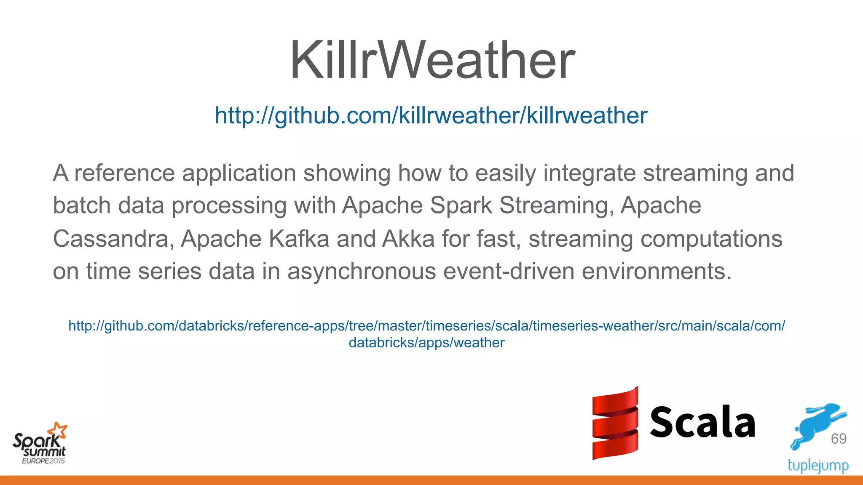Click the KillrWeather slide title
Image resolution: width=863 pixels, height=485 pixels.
[x=432, y=60]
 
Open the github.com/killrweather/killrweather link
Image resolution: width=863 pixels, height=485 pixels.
[x=431, y=115]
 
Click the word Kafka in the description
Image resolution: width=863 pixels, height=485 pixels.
[x=299, y=239]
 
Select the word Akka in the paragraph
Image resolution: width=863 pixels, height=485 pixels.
[x=408, y=239]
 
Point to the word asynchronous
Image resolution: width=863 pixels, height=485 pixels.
[x=362, y=271]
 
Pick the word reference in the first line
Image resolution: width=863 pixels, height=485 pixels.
[x=125, y=173]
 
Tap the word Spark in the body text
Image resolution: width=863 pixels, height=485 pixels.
[x=461, y=206]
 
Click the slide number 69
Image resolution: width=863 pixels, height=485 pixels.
[x=839, y=439]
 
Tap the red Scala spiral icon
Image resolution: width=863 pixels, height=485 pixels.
[x=615, y=423]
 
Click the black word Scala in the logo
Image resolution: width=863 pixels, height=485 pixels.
[x=702, y=422]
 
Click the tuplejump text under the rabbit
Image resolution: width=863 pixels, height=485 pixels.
[x=818, y=466]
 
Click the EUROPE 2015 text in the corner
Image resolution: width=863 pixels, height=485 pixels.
[x=43, y=461]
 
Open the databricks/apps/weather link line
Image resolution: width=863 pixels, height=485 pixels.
[x=426, y=343]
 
